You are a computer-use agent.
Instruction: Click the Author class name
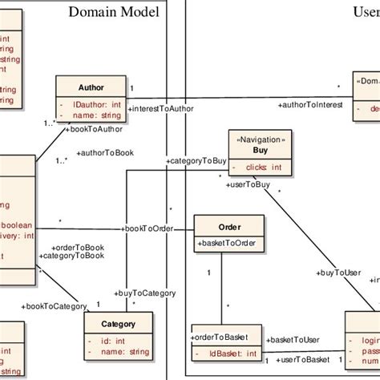coord(91,87)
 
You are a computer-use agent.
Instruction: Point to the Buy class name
coord(260,150)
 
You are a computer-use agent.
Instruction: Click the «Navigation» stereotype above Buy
coord(260,139)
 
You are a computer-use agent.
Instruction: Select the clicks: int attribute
coord(263,167)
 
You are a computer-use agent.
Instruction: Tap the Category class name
coord(117,324)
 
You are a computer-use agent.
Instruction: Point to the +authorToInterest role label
coord(310,105)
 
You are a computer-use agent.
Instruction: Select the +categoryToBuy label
coord(196,161)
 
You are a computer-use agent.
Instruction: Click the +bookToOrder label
coord(148,228)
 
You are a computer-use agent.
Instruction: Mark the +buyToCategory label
coord(145,293)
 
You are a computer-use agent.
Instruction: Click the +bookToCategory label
coord(55,305)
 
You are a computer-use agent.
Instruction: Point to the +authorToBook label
coord(104,152)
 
